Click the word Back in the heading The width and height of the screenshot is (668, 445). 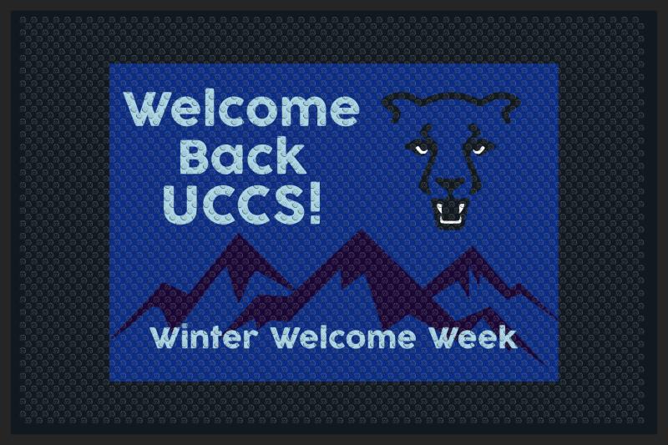(x=242, y=158)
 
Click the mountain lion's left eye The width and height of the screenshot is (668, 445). (x=419, y=149)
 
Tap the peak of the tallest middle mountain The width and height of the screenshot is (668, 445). (x=362, y=231)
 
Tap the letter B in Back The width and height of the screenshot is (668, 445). (x=196, y=158)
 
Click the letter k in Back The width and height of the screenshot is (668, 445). (x=291, y=157)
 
